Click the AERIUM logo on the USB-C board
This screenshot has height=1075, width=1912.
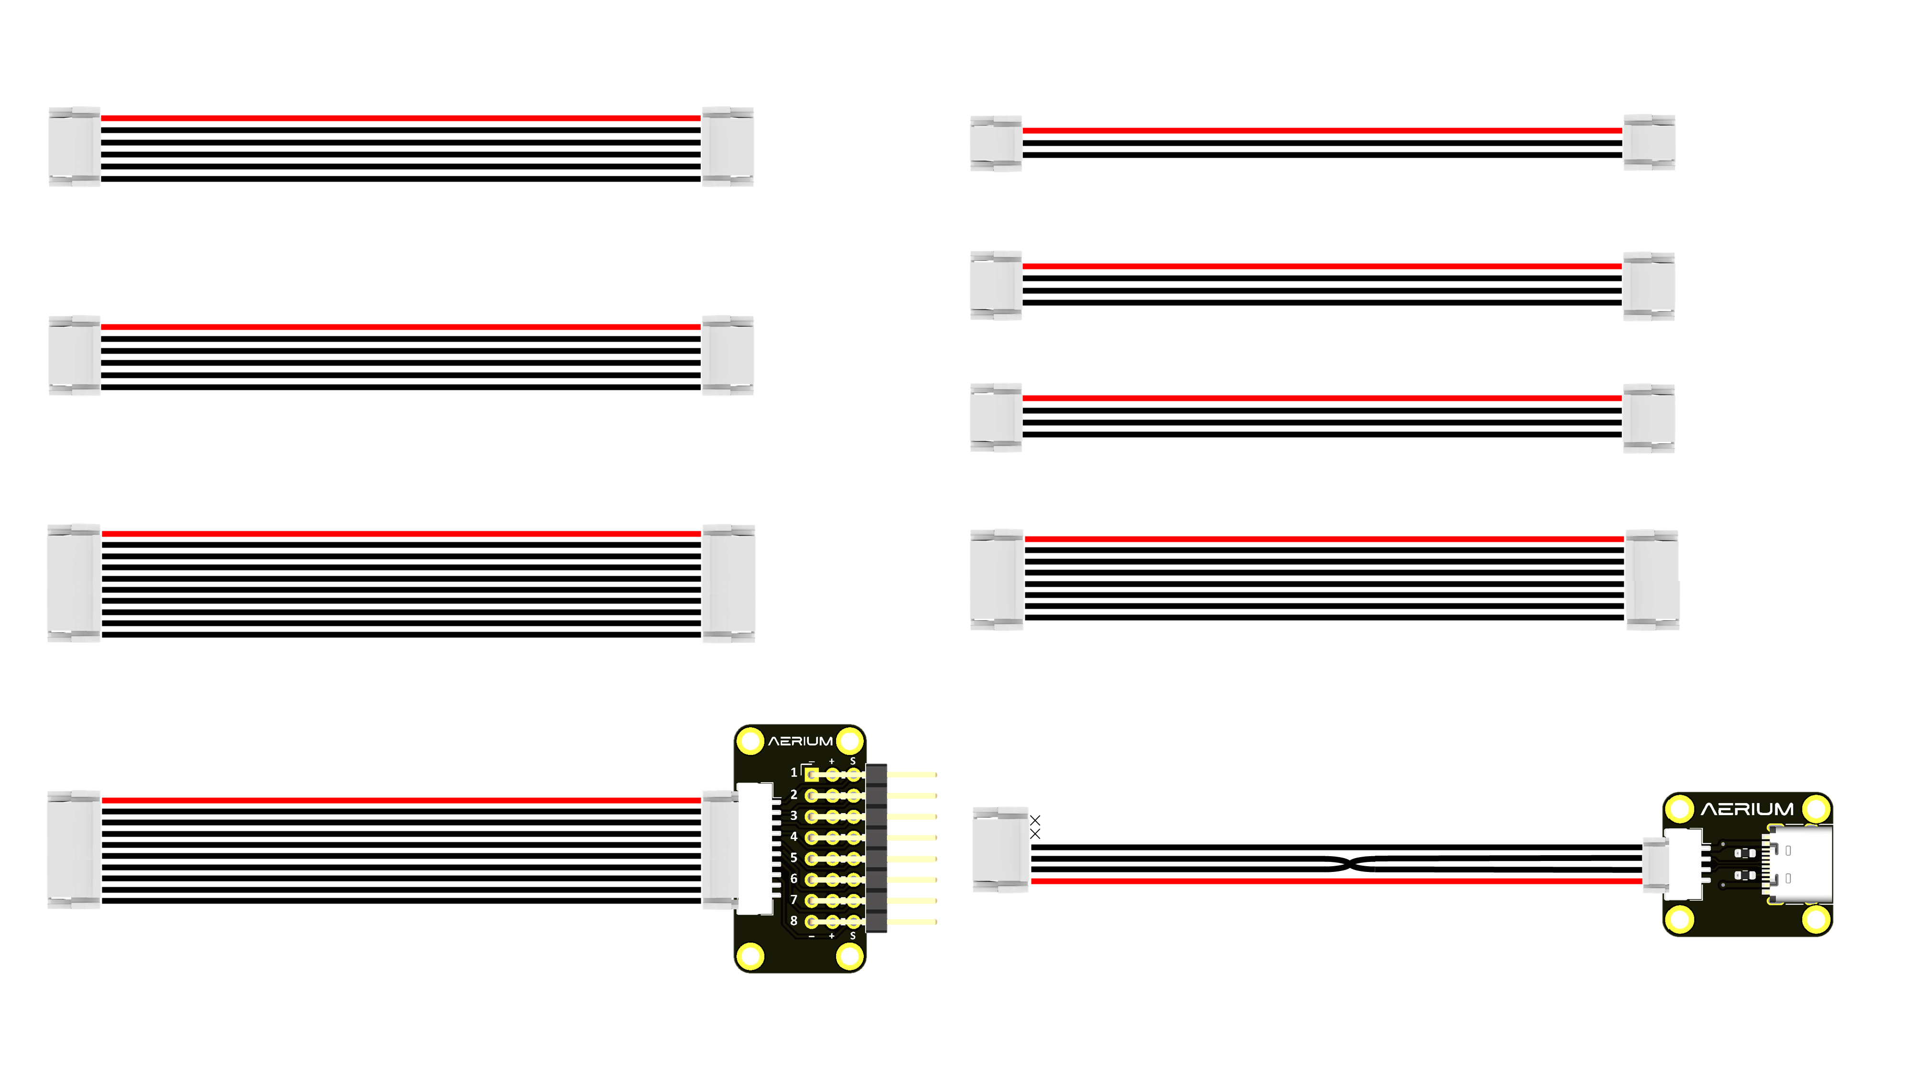[x=1747, y=809]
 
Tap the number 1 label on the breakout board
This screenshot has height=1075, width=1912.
[x=793, y=772]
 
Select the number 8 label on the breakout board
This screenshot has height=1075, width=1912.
[x=793, y=921]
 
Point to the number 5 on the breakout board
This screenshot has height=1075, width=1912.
[x=793, y=858]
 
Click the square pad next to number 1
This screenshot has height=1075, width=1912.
[x=811, y=774]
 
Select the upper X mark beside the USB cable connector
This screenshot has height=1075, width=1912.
[x=1035, y=820]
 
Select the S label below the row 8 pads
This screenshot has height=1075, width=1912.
[x=852, y=936]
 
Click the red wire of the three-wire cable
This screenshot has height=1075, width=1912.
[x=1321, y=130]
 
